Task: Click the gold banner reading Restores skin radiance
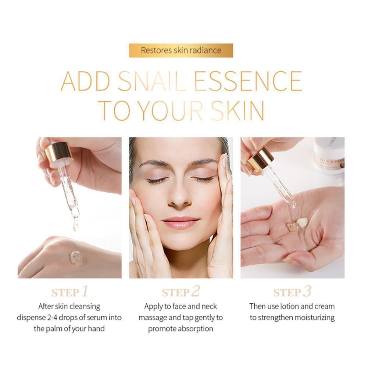181,50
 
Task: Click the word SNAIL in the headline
152,81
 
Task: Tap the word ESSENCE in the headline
248,81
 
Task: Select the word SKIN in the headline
237,111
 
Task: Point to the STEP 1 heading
70,292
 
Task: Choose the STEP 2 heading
181,292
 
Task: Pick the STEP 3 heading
292,292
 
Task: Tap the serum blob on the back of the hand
76,258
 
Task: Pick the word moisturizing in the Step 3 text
315,318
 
